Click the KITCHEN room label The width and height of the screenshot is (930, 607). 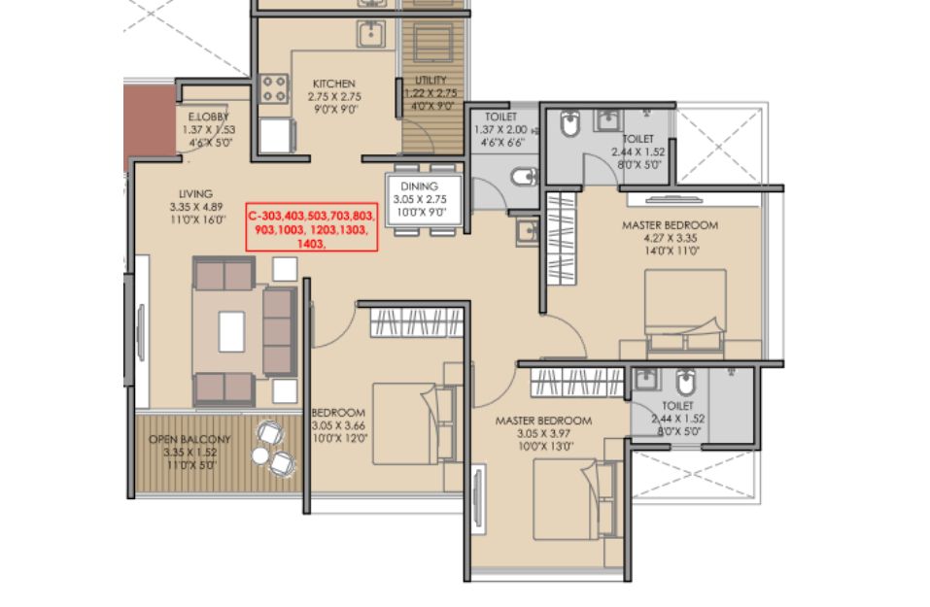click(334, 84)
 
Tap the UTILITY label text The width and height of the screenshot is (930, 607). click(431, 80)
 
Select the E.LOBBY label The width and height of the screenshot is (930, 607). click(208, 117)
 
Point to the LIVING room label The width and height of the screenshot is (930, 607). click(195, 194)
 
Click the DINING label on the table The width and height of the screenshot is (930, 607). click(420, 186)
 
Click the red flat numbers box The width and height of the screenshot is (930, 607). click(312, 227)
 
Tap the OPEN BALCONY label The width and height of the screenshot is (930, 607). click(189, 439)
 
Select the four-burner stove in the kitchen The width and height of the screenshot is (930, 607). click(274, 89)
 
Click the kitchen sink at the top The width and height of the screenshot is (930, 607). click(371, 34)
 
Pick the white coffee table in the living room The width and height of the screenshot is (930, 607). click(231, 332)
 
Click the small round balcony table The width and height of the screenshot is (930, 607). click(259, 455)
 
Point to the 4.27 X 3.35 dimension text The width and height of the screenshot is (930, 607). click(671, 238)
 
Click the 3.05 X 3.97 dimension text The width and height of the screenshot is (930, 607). click(543, 434)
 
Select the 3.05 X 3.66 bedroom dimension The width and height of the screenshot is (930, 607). click(338, 425)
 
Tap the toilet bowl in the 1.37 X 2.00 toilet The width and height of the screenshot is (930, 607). click(524, 176)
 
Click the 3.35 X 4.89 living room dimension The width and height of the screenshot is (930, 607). click(195, 207)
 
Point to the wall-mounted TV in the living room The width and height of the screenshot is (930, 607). click(141, 332)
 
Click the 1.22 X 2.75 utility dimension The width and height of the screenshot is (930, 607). click(431, 93)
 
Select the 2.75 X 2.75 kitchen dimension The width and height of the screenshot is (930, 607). click(334, 96)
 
